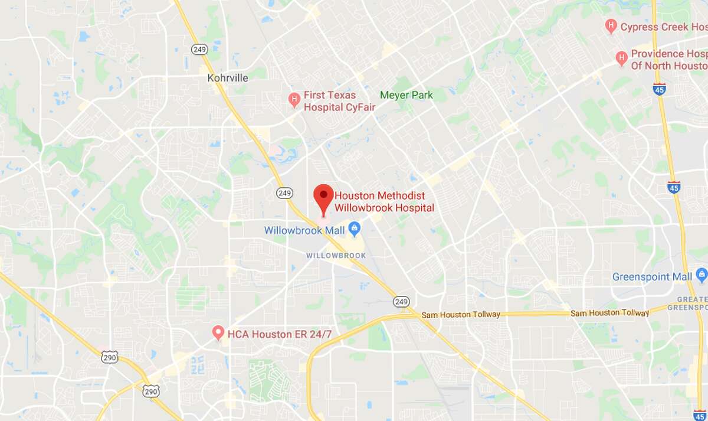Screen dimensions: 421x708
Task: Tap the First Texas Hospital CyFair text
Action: click(339, 101)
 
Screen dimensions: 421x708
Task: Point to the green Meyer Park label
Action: click(406, 95)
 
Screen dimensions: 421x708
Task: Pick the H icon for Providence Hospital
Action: click(621, 58)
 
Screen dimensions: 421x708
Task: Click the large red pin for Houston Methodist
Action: click(323, 198)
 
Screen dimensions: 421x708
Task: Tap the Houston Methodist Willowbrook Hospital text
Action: click(384, 202)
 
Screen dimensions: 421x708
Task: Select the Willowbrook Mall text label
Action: click(304, 230)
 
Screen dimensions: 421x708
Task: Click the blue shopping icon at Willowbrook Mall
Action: click(354, 228)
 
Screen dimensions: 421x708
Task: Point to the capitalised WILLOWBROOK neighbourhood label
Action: click(336, 255)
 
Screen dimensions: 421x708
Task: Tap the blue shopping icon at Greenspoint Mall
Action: click(702, 275)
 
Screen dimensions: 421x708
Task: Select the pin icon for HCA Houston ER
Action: click(218, 333)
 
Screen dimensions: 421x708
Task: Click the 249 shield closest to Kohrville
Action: click(199, 50)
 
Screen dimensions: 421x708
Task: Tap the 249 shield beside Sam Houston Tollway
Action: click(401, 302)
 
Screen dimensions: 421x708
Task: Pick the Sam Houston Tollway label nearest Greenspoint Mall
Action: click(609, 312)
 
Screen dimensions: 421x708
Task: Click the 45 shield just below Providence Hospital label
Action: click(660, 89)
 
